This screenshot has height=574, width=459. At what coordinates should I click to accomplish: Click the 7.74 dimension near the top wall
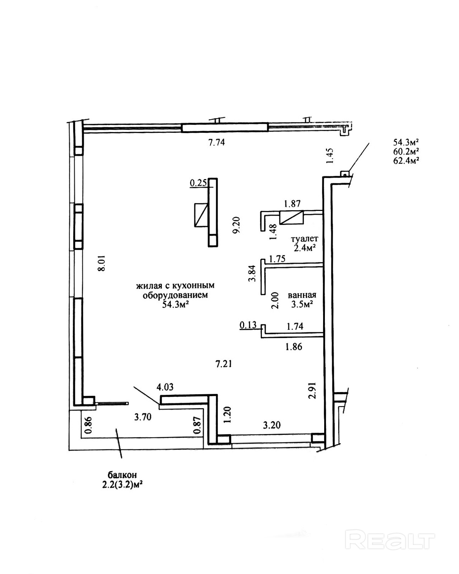[217, 142]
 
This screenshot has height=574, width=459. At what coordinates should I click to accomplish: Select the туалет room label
[305, 239]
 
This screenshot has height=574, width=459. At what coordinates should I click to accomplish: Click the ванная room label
[302, 295]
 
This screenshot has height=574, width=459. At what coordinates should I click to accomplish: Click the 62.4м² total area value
[406, 160]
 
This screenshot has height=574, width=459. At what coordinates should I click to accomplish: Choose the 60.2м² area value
[406, 151]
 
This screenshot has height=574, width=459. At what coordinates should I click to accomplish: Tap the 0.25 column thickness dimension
[198, 183]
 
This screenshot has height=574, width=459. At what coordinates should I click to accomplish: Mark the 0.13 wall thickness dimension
[248, 325]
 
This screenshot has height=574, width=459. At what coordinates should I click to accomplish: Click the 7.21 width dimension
[224, 364]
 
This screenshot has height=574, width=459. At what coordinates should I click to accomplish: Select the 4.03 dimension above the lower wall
[165, 387]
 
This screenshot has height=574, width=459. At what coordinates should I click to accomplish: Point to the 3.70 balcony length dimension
[143, 417]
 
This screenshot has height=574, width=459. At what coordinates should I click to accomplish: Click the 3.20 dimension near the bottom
[272, 425]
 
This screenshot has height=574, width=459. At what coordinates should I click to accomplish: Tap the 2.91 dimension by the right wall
[313, 390]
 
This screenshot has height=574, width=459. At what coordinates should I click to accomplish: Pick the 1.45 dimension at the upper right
[331, 156]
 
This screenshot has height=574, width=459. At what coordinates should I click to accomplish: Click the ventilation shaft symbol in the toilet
[292, 218]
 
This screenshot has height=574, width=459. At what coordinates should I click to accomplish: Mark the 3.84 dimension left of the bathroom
[252, 273]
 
